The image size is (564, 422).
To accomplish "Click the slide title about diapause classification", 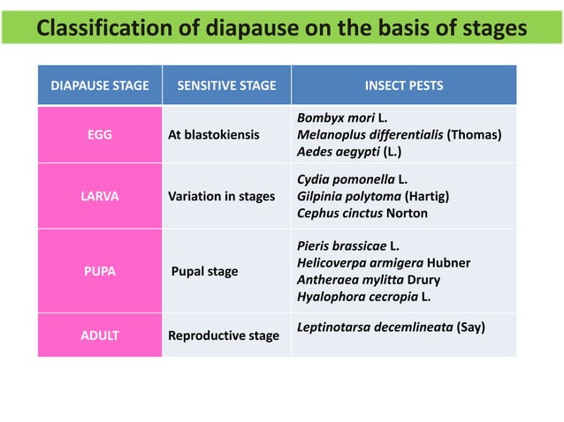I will (281, 29).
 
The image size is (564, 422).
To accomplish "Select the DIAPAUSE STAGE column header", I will (99, 86).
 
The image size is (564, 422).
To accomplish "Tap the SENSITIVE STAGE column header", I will (226, 86).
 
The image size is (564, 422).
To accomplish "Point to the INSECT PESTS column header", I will (404, 86).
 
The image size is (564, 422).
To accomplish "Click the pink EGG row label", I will (99, 135).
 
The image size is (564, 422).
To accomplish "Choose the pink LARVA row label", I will (99, 196).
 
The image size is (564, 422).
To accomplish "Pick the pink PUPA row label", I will (99, 271).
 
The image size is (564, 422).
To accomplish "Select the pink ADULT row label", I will (99, 335).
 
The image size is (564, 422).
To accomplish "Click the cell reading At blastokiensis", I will (214, 135).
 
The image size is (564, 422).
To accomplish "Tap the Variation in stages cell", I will (221, 196).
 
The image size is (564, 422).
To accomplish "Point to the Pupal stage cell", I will (204, 271).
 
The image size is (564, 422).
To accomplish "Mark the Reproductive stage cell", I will (224, 335).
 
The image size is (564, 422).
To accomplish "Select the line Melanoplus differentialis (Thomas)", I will (400, 134).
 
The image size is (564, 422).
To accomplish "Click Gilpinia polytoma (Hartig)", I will (374, 196).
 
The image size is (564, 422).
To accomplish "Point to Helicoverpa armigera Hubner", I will (384, 263).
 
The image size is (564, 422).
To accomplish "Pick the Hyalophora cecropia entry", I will (364, 297).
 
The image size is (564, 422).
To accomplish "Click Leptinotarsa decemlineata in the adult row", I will (390, 328).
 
